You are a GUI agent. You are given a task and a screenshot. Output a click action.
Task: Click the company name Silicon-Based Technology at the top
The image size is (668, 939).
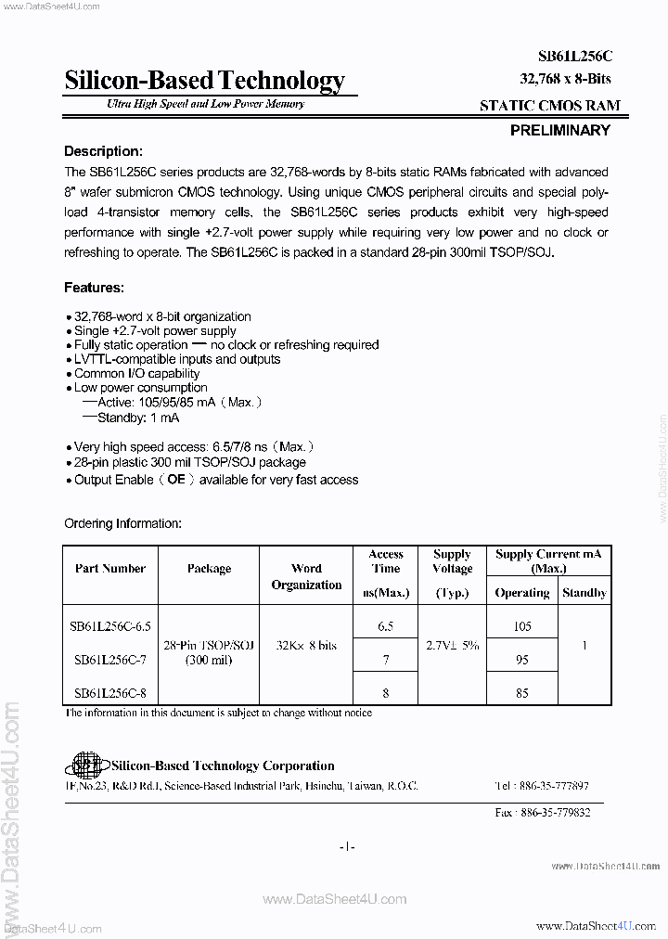click(204, 82)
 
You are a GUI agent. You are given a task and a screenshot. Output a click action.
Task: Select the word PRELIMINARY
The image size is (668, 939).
click(559, 131)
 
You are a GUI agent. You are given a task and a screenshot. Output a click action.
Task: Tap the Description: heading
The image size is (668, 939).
click(102, 151)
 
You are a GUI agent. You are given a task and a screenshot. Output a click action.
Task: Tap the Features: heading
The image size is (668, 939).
click(93, 288)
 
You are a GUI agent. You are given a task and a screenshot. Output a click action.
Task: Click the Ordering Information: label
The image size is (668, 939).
click(122, 523)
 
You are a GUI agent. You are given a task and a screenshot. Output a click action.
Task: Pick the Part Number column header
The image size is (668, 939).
click(110, 568)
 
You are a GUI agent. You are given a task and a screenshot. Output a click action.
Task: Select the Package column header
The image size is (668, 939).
click(209, 568)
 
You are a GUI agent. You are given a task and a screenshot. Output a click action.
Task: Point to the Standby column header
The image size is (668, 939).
click(584, 592)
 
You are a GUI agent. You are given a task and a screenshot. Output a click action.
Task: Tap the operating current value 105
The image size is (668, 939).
click(522, 626)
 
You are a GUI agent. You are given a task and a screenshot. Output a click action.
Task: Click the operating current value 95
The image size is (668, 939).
click(522, 659)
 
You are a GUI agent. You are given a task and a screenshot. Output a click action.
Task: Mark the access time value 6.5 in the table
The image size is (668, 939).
click(386, 626)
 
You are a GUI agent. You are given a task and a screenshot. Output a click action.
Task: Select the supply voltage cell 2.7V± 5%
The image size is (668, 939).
click(452, 644)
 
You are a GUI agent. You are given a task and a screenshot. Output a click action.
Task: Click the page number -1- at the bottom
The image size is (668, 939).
click(347, 845)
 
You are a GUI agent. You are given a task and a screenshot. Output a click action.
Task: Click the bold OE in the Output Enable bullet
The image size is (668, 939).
click(176, 480)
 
